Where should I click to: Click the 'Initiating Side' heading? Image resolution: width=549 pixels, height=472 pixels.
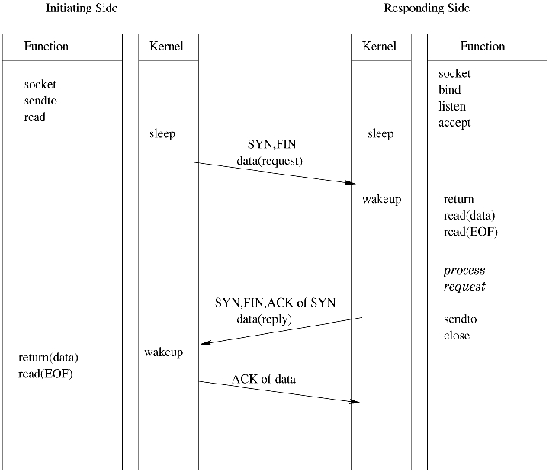tap(82, 8)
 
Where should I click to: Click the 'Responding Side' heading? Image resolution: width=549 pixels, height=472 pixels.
tap(426, 8)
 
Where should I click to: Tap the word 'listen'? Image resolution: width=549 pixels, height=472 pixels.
tap(452, 106)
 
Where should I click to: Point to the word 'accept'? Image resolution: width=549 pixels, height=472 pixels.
tap(454, 123)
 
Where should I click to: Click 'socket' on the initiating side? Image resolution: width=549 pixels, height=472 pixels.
tap(40, 85)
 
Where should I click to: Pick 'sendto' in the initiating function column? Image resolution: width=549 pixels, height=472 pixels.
tap(41, 101)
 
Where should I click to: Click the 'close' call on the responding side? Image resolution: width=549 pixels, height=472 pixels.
tap(457, 336)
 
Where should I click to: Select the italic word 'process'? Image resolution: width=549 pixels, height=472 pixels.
tap(464, 271)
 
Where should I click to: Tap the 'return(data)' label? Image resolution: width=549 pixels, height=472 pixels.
tap(49, 357)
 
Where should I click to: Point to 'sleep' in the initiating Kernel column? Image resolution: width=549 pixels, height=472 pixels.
tap(162, 134)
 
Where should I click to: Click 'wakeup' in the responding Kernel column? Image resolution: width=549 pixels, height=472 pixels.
tap(381, 200)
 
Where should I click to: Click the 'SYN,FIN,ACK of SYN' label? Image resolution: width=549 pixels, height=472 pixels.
tap(275, 303)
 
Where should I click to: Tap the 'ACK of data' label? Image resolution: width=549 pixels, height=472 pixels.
tap(264, 379)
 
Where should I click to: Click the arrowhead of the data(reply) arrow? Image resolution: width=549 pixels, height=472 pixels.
tap(203, 343)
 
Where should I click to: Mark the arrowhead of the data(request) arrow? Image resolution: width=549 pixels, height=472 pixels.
tap(352, 182)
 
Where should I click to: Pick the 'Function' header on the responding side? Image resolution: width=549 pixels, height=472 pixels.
tap(482, 47)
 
